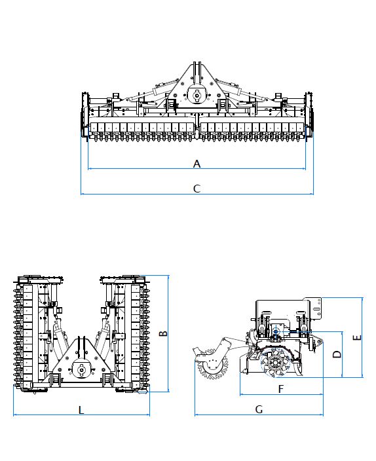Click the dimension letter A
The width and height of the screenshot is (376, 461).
(x=197, y=164)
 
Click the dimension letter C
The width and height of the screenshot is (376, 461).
(x=197, y=189)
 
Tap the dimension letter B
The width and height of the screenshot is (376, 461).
(x=163, y=333)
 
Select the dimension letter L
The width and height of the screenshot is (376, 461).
(x=81, y=410)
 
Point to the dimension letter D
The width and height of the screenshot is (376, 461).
(x=337, y=354)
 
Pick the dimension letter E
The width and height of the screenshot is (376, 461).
(x=357, y=337)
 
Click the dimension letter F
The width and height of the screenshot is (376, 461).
(x=280, y=389)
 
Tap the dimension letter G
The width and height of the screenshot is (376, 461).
(x=259, y=409)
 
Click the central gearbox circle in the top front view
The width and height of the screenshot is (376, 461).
(x=197, y=95)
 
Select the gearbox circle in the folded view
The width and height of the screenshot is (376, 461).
(x=81, y=369)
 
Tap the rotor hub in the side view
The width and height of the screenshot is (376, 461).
(x=275, y=362)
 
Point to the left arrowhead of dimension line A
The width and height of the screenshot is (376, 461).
(x=90, y=169)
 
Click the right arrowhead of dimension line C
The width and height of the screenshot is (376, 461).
(x=312, y=194)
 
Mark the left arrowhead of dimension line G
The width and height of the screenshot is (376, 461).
(x=197, y=415)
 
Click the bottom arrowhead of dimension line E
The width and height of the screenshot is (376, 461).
(x=362, y=375)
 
